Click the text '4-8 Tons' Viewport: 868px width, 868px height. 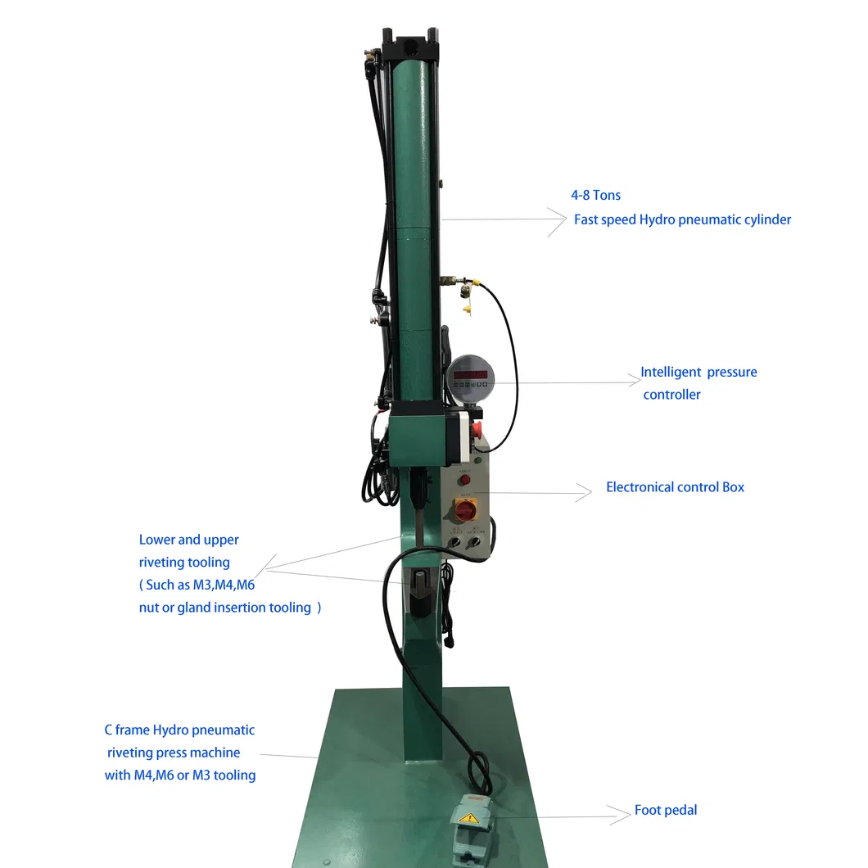595,195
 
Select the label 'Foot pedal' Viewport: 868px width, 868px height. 666,810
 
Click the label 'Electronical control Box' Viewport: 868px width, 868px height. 675,487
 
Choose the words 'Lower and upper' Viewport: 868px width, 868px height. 188,540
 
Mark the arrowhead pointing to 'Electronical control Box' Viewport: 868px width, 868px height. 584,491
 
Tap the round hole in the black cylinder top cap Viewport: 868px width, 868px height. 409,37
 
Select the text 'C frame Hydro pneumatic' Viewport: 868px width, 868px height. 179,730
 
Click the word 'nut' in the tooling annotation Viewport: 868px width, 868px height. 149,608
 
